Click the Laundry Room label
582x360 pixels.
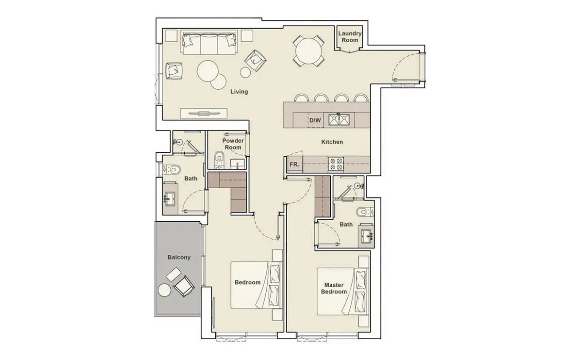[350, 37]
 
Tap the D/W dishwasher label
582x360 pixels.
[315, 120]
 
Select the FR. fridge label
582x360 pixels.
[294, 164]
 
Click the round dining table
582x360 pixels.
[308, 51]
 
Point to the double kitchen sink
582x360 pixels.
[339, 120]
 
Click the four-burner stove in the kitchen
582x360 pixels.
[336, 164]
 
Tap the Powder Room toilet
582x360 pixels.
[220, 159]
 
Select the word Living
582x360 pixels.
[239, 92]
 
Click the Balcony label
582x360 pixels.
[179, 257]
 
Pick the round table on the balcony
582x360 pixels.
[164, 290]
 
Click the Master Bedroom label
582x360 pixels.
[334, 288]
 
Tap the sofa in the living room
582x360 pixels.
[210, 42]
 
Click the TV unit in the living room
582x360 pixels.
[204, 114]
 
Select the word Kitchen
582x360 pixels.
[332, 142]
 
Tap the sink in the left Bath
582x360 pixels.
[170, 199]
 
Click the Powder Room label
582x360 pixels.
[233, 144]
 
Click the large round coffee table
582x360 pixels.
[208, 71]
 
